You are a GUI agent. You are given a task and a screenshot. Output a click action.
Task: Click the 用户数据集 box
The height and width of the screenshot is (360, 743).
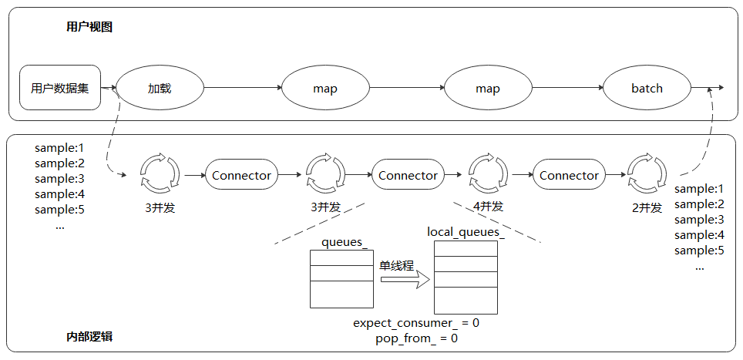point(60,88)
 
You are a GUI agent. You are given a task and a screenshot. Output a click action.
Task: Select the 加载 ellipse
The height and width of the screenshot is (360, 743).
point(160,88)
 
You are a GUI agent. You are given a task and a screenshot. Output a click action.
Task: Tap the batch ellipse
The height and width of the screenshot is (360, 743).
point(647,88)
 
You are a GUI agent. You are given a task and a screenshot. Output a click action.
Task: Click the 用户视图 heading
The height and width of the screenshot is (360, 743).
point(89,27)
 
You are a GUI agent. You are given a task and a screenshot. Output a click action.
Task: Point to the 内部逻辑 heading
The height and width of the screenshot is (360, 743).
point(89,338)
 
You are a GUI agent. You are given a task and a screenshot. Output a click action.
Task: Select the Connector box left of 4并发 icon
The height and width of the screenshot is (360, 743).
point(408,176)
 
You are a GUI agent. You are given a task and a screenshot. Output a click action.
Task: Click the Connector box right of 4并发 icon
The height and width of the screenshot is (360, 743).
point(569,176)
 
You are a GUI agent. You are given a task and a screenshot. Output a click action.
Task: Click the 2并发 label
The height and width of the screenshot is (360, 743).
point(645,207)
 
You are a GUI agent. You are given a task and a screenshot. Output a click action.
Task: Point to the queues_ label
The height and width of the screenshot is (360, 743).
point(344,242)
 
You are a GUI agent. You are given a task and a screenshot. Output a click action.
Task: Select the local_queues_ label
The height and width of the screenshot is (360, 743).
point(466,231)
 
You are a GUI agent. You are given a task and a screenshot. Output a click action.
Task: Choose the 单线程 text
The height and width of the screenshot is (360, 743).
point(396,265)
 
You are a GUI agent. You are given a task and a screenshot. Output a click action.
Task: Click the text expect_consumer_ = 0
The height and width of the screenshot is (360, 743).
point(416,323)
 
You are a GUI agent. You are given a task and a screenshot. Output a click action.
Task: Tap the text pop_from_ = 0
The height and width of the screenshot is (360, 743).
point(416,338)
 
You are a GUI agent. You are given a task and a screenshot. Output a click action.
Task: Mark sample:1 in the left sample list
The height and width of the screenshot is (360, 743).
point(59,147)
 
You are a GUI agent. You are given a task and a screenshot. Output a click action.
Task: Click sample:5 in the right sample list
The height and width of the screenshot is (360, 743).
point(699,250)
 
